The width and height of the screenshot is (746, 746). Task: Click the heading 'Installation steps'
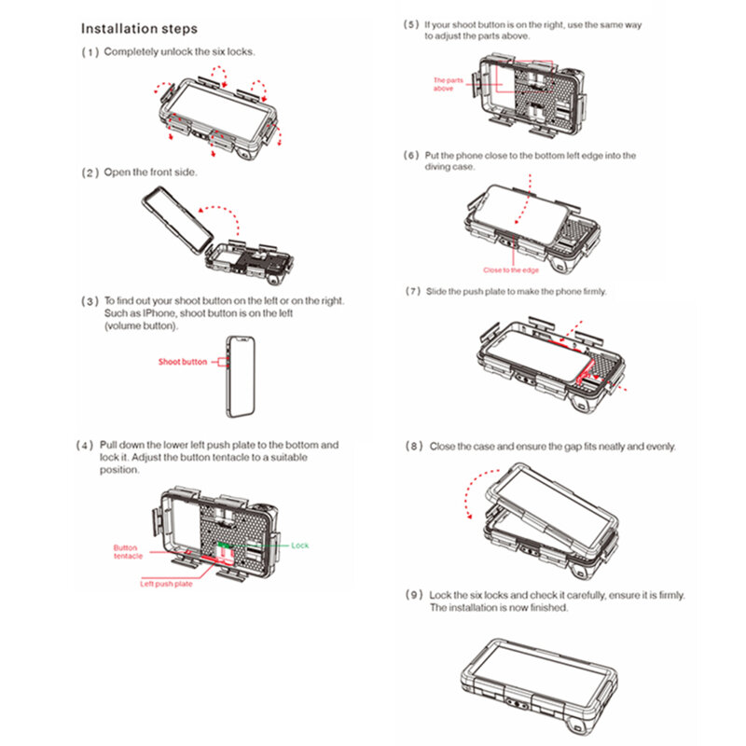point(139,29)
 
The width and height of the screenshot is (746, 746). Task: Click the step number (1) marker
point(90,51)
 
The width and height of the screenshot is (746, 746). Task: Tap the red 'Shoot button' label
point(183,361)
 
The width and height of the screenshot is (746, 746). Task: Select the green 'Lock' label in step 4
point(299,545)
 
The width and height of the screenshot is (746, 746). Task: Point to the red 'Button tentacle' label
point(128,552)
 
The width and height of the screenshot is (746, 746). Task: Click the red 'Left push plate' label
point(166,584)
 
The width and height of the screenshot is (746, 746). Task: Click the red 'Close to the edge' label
point(511,270)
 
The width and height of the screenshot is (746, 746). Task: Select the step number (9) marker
point(412,595)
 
